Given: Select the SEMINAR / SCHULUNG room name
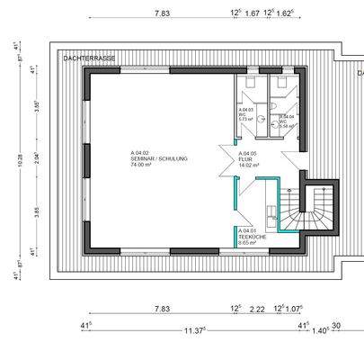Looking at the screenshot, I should [x=159, y=158].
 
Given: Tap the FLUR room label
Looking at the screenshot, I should [x=245, y=159].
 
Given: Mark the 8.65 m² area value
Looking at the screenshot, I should [x=248, y=243].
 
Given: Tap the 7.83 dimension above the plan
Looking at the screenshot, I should [x=163, y=13].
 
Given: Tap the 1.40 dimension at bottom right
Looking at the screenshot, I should [x=319, y=330].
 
